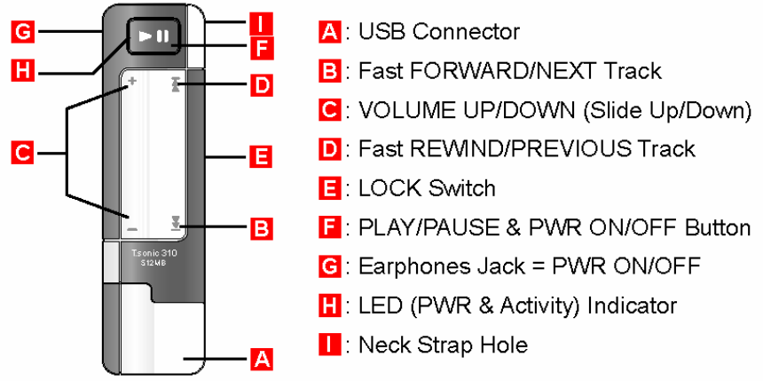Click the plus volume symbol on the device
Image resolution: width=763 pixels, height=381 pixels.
tap(131, 81)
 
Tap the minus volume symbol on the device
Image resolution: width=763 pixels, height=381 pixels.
tap(131, 228)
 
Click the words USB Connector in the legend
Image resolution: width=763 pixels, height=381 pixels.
tap(438, 33)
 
